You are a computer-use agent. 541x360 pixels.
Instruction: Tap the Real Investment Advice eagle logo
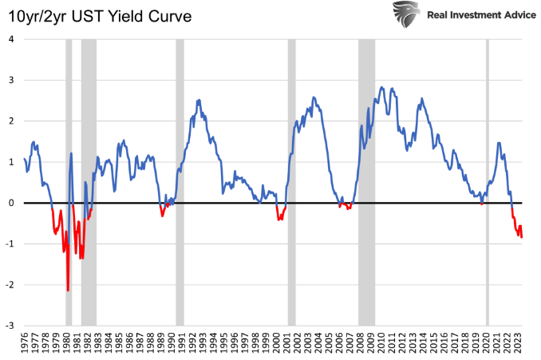[x=406, y=14]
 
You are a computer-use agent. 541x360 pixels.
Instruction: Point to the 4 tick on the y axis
[x=10, y=40]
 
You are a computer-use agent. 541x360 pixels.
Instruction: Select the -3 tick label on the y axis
[x=9, y=326]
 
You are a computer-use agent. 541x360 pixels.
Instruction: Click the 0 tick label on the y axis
[x=10, y=204]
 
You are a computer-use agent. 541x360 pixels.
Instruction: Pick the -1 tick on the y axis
[x=9, y=244]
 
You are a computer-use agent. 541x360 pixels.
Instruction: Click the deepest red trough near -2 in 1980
[x=68, y=290]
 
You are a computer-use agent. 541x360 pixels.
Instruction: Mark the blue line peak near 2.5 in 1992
[x=198, y=101]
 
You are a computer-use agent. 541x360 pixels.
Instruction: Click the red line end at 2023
[x=522, y=237]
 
